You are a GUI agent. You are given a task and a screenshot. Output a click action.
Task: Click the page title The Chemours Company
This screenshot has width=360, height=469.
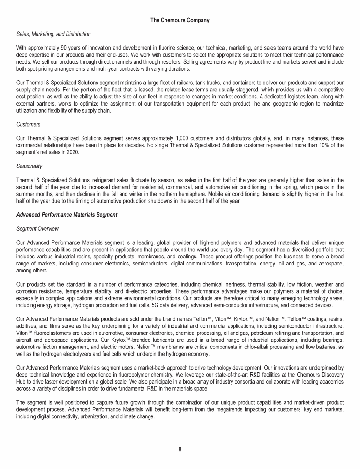click(x=180, y=20)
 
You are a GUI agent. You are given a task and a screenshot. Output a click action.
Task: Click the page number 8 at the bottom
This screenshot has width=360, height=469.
click(x=180, y=449)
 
